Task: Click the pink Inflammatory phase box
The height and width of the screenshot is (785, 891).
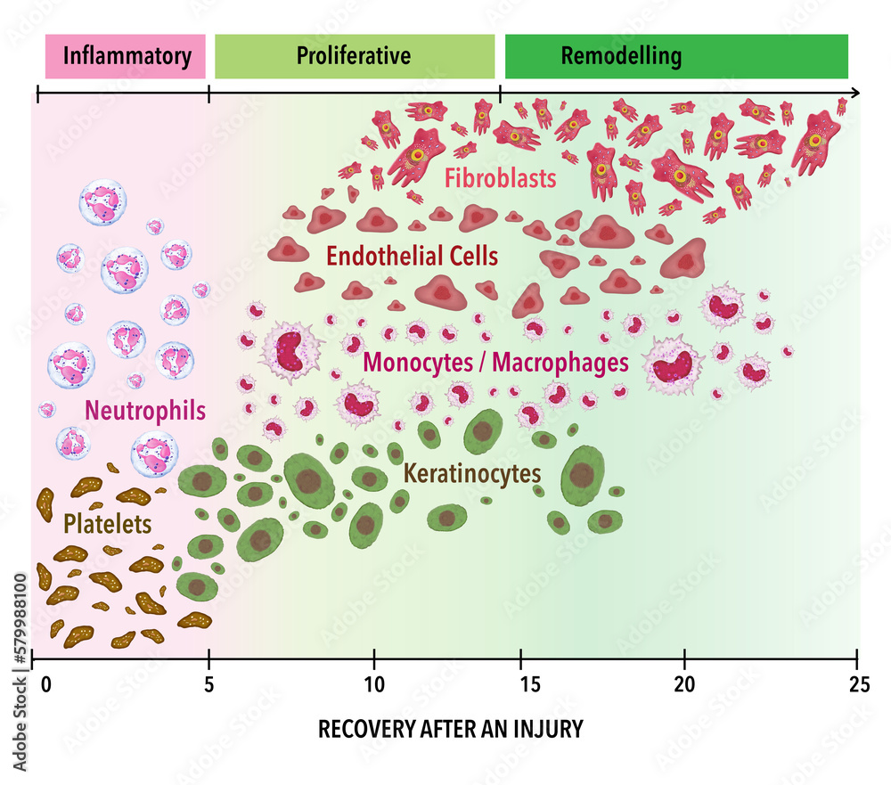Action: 126,57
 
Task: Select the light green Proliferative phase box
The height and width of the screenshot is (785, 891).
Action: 354,56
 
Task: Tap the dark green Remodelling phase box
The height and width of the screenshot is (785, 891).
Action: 676,57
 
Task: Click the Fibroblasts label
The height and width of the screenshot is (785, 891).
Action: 500,177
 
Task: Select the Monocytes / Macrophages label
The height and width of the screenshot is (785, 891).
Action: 495,363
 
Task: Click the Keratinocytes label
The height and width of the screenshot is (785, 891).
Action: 472,472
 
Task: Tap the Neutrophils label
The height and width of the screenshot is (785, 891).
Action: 145,411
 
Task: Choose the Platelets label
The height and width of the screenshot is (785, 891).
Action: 107,524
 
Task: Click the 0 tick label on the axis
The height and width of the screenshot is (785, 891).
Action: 46,685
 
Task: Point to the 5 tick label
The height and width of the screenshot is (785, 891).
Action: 208,685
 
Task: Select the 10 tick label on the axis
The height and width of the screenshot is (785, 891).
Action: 373,685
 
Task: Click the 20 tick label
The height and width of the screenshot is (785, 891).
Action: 684,685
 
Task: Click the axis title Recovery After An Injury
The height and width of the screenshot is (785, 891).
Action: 450,730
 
